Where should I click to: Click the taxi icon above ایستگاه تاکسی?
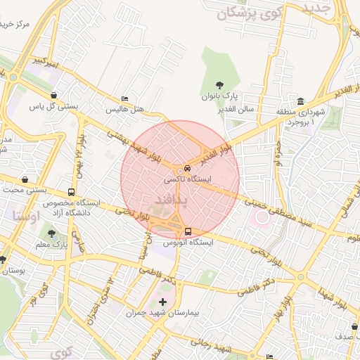pyautogui.click(x=187, y=169)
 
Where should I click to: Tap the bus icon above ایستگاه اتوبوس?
pyautogui.click(x=188, y=231)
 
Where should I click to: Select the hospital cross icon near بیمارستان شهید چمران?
pyautogui.click(x=163, y=302)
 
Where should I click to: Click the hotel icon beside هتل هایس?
pyautogui.click(x=125, y=99)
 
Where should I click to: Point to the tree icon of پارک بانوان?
pyautogui.click(x=219, y=84)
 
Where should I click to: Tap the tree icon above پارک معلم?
pyautogui.click(x=51, y=233)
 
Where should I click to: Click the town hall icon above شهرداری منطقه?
pyautogui.click(x=300, y=101)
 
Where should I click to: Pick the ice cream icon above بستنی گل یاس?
pyautogui.click(x=54, y=96)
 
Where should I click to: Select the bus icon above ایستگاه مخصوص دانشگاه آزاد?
pyautogui.click(x=71, y=192)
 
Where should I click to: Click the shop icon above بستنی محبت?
pyautogui.click(x=25, y=179)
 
